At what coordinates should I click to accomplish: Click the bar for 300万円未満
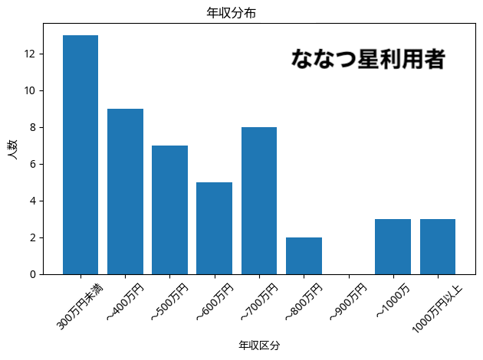(80, 155)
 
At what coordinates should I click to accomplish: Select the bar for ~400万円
(125, 191)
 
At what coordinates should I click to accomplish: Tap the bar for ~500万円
(169, 210)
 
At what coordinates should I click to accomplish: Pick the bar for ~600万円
(214, 228)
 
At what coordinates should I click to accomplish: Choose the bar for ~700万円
(259, 201)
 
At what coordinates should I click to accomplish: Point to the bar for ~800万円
(304, 256)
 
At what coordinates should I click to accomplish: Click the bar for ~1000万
(393, 247)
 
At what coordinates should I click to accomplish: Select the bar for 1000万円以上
(438, 247)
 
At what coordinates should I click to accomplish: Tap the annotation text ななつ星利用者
(368, 60)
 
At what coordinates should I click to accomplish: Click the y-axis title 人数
(13, 147)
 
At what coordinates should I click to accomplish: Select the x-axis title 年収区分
(259, 345)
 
